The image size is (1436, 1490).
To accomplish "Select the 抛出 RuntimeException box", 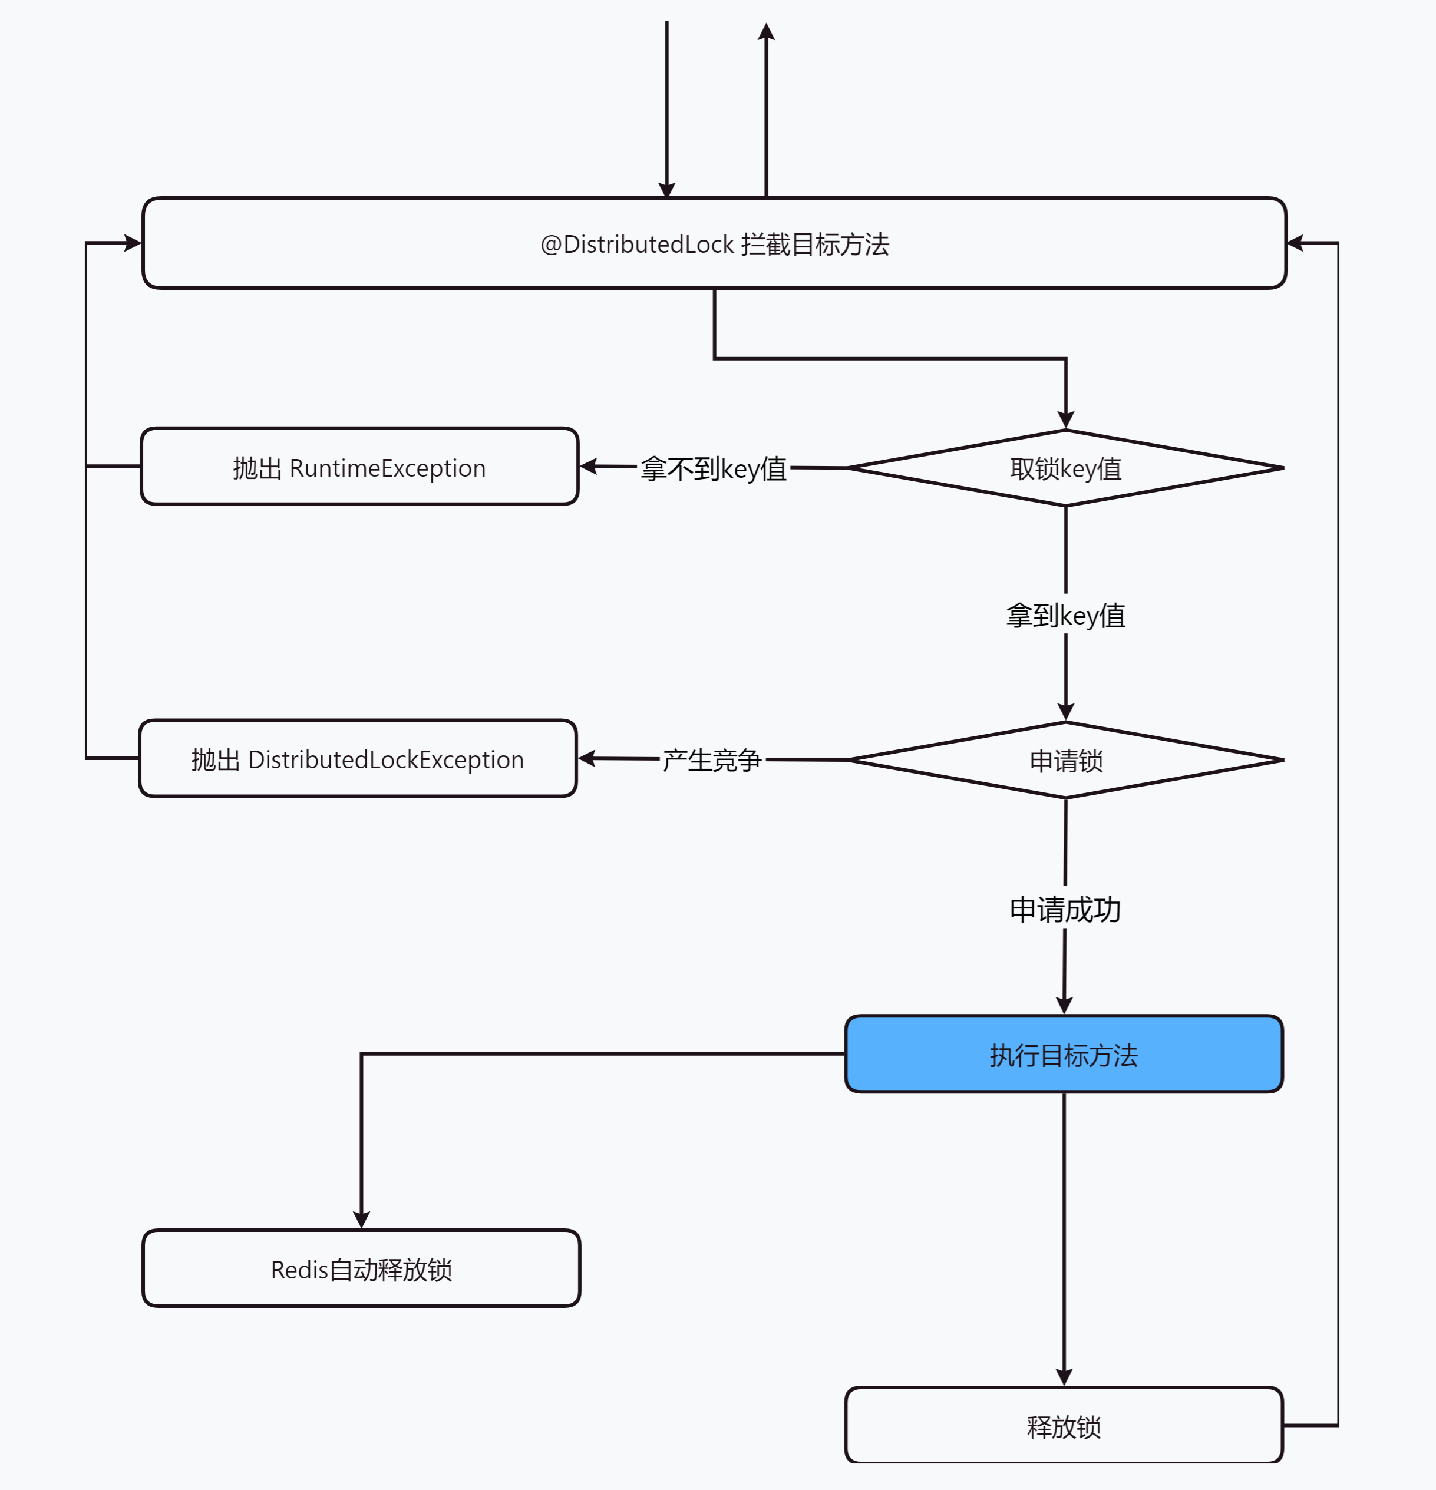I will (359, 467).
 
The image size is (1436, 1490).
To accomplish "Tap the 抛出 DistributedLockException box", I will (357, 759).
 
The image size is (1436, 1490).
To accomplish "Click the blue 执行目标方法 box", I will (1064, 1055).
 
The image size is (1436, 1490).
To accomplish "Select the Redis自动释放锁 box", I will (361, 1269).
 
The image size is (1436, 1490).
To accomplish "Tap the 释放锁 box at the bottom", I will (1064, 1426).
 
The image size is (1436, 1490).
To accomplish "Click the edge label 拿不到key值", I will (713, 468).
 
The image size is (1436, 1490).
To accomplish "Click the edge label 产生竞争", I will (712, 759).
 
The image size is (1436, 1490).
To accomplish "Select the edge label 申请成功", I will (1064, 909).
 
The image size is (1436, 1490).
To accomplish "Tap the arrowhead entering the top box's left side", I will (133, 243).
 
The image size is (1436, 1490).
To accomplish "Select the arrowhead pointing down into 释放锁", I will (1064, 1377).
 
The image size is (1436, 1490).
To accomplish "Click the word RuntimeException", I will (387, 468).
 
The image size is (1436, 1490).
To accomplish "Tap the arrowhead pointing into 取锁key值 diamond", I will (1066, 419).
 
